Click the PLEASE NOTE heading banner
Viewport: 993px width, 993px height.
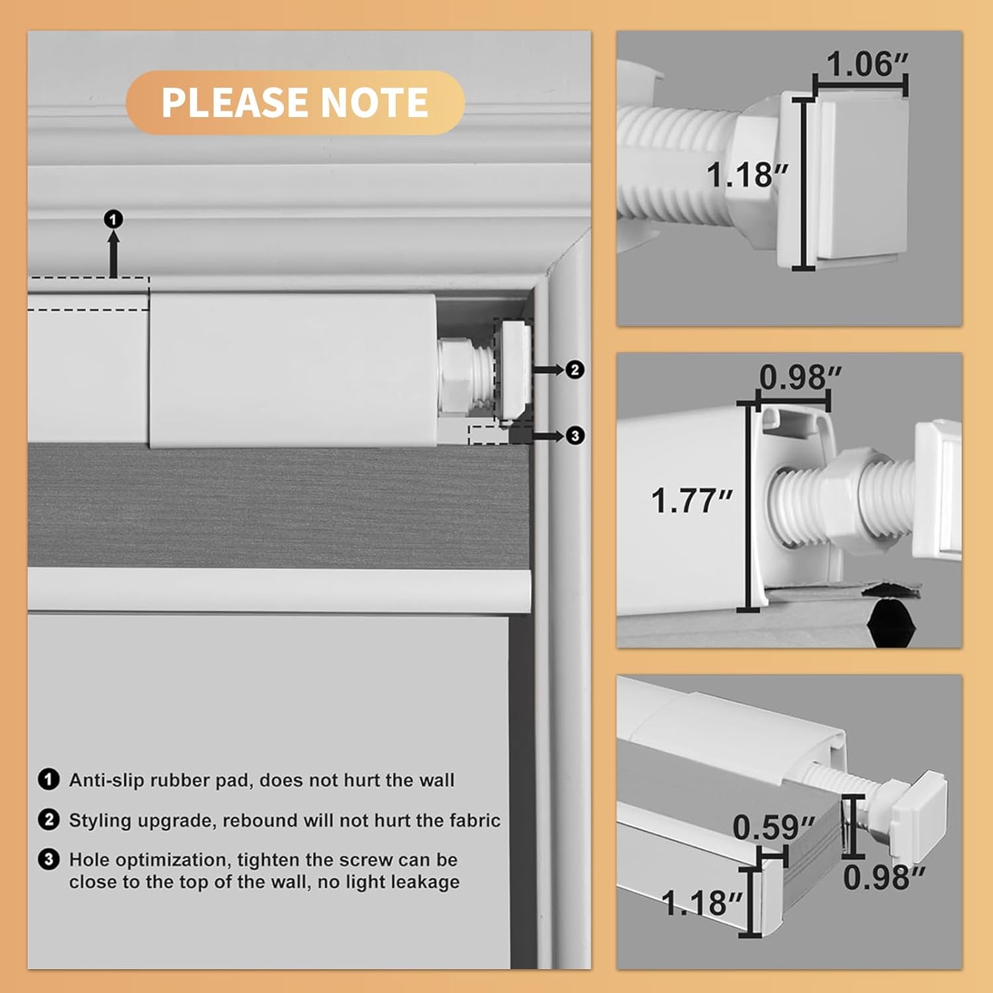295,103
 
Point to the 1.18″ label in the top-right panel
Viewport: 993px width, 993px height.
747,175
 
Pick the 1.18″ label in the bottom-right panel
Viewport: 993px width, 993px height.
702,902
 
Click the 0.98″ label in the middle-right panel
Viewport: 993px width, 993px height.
800,377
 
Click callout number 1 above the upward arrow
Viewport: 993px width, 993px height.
114,219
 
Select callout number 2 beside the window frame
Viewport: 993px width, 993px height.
575,369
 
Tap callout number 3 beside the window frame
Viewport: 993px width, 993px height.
575,436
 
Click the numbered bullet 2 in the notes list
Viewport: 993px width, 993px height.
48,820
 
